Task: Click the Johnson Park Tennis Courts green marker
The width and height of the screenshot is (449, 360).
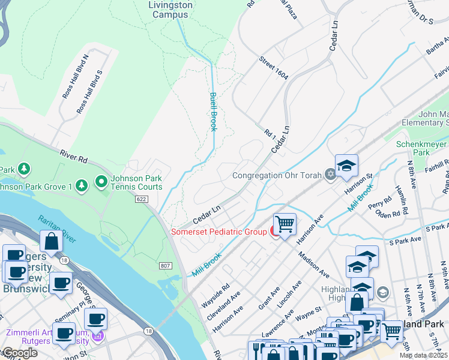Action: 101,181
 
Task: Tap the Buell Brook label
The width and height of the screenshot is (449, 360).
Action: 212,112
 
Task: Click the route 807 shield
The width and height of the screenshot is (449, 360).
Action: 166,265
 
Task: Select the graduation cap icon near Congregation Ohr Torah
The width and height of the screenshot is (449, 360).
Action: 346,166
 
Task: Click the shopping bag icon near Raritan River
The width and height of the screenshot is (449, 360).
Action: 52,241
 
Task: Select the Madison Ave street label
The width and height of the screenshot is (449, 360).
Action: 314,264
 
